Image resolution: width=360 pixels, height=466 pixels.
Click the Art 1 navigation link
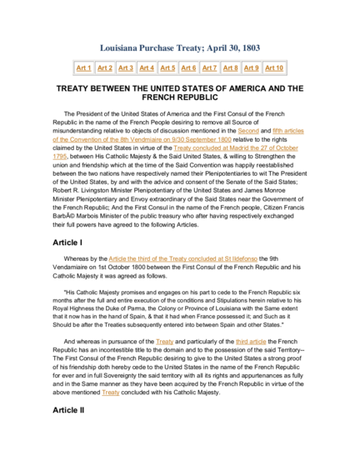83,68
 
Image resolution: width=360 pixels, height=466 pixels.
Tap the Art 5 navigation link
167,68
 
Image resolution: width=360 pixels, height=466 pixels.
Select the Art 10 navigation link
274,68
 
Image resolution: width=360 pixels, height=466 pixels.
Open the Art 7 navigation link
209,68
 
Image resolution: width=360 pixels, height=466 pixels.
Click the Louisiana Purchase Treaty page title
180,48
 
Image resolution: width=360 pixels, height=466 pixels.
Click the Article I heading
67,243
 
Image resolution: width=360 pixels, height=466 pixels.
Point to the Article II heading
68,410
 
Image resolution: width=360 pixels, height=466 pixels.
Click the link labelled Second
248,131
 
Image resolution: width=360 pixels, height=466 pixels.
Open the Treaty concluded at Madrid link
236,148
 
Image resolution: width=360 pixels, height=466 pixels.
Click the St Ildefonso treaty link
183,258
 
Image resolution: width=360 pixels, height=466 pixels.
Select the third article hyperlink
251,342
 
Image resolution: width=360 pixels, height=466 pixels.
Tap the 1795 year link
60,157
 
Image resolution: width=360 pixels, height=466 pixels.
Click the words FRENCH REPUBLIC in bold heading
180,98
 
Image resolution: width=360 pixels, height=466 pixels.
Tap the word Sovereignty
117,376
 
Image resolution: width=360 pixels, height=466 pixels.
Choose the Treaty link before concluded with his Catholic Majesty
111,393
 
